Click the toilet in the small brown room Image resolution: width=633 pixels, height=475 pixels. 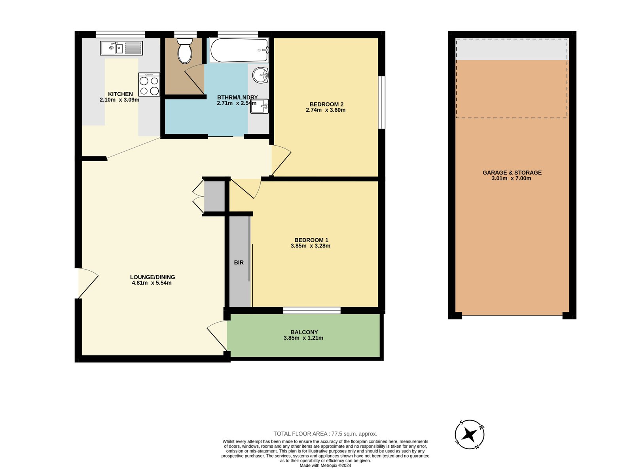(185, 51)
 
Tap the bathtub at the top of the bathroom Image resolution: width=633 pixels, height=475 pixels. (239, 50)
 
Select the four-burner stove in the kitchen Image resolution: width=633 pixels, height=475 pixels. (149, 85)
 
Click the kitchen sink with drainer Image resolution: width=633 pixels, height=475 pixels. (121, 48)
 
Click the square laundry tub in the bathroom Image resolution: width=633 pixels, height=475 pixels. (259, 106)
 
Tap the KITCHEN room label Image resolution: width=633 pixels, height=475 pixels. (120, 94)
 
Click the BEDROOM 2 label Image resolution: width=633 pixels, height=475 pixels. (326, 104)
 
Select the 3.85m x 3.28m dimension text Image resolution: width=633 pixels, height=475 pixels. (310, 246)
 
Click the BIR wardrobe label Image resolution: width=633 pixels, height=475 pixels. (239, 262)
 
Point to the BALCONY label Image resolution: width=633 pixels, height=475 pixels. (304, 332)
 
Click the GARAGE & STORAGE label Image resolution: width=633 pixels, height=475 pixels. (512, 173)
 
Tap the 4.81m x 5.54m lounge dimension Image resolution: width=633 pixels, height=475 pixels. (152, 283)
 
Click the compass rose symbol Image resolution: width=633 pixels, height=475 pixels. (470, 435)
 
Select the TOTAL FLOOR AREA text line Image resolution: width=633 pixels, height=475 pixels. (325, 434)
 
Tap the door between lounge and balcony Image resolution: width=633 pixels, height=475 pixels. (217, 336)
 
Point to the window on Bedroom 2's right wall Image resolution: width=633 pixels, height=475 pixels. (381, 102)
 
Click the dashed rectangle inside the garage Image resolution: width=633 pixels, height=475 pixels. (512, 78)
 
